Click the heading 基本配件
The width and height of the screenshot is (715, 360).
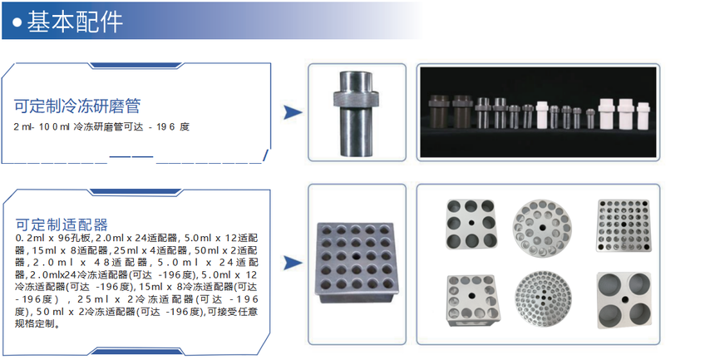coord(75,21)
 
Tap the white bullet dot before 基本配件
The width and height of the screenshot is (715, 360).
coord(17,22)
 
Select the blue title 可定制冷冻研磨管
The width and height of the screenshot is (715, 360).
coord(77,106)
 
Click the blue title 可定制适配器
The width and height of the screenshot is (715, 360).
coord(62,224)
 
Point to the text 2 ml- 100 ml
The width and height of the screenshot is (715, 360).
coord(42,127)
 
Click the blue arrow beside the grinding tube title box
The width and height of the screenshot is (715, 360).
coord(293,112)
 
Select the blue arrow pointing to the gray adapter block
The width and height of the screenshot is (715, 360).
coord(293,263)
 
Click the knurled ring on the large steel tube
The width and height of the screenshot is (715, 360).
coord(356,97)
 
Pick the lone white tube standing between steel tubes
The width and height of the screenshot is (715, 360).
coord(542,115)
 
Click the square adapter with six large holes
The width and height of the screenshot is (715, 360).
coord(471,224)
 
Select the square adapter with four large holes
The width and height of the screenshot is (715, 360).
coord(624,300)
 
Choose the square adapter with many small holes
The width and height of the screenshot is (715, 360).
coord(624,225)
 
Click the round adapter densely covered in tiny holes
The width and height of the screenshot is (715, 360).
coord(543,300)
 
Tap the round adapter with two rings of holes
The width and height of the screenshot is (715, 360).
coord(541,227)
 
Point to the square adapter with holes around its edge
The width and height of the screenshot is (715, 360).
coord(471,300)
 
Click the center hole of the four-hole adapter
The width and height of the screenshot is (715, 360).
coord(624,300)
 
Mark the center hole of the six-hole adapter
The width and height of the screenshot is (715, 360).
coord(471,223)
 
